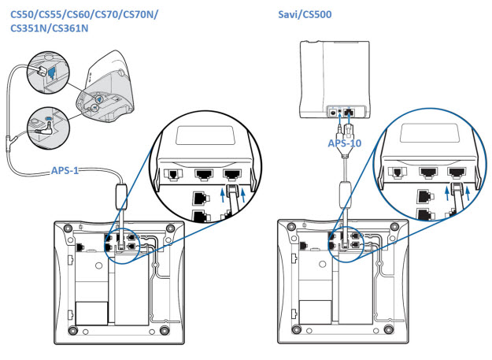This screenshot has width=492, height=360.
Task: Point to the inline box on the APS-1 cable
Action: click(122, 194)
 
